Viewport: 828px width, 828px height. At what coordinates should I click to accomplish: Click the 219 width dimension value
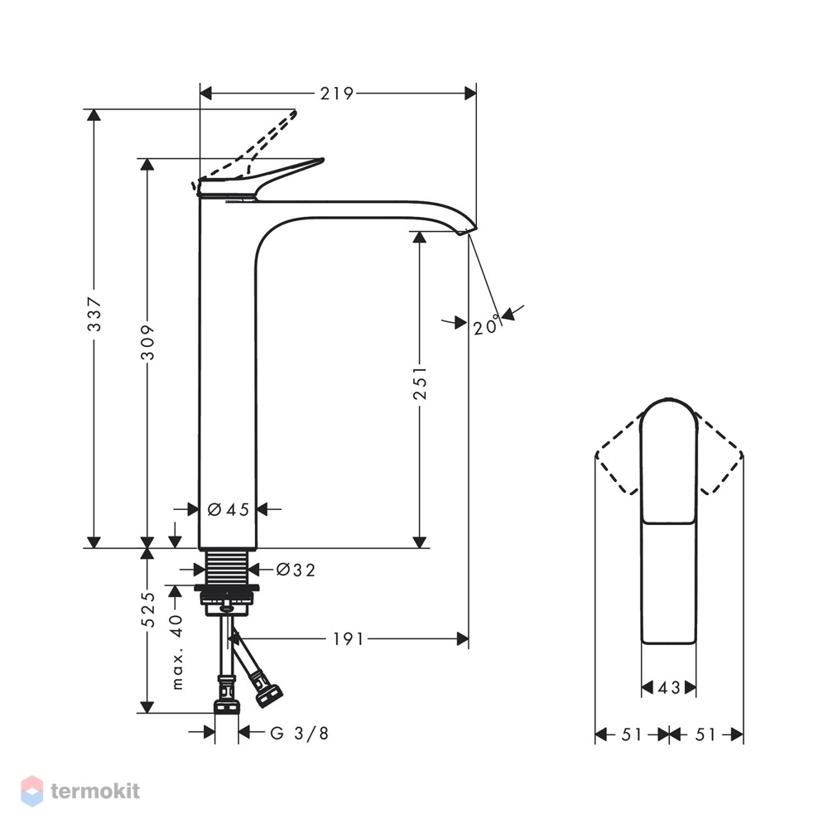pos(336,94)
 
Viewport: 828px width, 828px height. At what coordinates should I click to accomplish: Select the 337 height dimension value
pos(94,314)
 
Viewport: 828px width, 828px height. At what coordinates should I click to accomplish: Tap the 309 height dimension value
pos(148,343)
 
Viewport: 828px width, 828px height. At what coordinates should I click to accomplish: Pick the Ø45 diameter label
pos(229,509)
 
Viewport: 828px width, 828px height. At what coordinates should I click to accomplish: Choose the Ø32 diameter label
pos(296,570)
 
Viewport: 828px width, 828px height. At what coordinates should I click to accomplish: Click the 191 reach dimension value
pos(348,639)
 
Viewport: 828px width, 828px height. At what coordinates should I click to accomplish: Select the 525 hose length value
pos(148,610)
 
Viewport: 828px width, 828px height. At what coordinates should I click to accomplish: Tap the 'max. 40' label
pos(177,652)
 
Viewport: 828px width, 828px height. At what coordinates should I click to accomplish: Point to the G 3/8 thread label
pos(300,733)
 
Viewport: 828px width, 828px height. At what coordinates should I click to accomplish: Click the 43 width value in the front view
pos(669,687)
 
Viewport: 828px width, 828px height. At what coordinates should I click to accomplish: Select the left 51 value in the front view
pos(632,734)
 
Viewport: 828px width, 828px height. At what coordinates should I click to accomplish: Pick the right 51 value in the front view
pos(705,734)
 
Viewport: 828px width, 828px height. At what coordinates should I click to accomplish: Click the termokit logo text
pos(95,791)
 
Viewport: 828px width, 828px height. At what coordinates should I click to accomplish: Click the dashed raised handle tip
pos(296,112)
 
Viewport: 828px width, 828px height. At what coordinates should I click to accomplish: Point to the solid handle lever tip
pos(321,159)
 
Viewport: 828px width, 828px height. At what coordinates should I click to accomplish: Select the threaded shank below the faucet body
pos(227,566)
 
